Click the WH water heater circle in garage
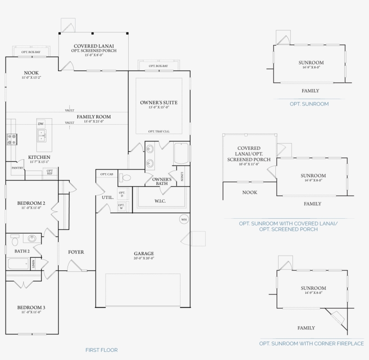[184, 220]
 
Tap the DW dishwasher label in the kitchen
[41, 124]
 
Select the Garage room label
[144, 253]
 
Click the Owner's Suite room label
[158, 103]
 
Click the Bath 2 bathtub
[18, 263]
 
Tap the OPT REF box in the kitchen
[49, 171]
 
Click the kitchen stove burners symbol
[12, 139]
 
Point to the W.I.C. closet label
[160, 201]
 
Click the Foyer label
[76, 252]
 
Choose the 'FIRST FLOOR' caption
[101, 350]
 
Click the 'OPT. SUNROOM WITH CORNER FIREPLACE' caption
[311, 343]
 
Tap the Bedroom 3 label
[31, 308]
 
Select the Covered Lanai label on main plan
[94, 46]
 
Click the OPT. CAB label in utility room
[107, 174]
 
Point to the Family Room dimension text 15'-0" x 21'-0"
[94, 121]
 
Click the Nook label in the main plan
[31, 73]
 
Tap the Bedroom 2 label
[31, 203]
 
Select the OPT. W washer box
[121, 206]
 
